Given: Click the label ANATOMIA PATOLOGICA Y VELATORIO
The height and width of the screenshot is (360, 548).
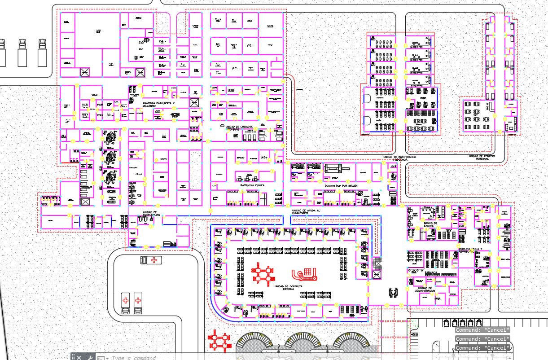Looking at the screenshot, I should (x=158, y=104).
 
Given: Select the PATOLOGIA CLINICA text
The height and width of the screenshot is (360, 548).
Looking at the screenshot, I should (x=252, y=185).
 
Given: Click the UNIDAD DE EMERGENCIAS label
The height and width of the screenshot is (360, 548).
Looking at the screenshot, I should (x=150, y=214).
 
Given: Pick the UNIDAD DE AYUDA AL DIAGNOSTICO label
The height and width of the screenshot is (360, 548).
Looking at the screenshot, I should (x=306, y=211).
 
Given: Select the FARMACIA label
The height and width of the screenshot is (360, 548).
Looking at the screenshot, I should (x=430, y=272).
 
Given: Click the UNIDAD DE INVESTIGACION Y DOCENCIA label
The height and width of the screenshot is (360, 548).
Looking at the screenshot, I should (x=399, y=158).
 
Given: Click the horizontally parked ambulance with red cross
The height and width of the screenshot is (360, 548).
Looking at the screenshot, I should (x=150, y=260).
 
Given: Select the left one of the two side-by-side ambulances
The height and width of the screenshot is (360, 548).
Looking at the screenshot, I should (x=126, y=303).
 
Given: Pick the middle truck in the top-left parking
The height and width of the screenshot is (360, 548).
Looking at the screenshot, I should (x=22, y=52).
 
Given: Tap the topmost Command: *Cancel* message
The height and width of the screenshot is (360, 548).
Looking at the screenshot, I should (x=482, y=330).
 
